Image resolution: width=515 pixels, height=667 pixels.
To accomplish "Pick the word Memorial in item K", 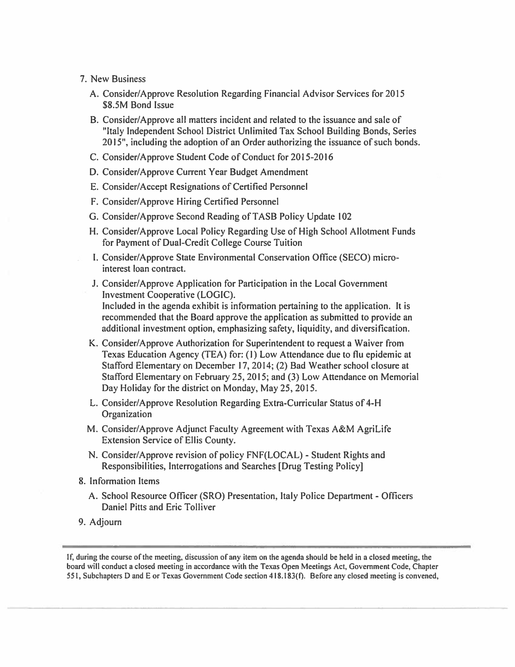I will [x=399, y=377].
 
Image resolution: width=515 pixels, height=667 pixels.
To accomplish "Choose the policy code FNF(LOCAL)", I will [x=274, y=455].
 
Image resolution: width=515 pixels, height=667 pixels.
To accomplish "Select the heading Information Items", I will [x=124, y=481].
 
